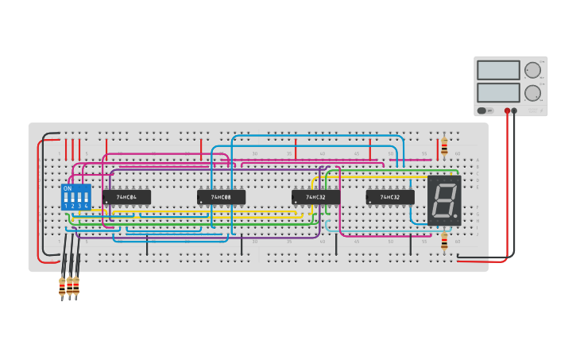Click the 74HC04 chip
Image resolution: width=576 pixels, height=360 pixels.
point(126,196)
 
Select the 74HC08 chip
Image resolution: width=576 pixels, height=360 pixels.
point(221,196)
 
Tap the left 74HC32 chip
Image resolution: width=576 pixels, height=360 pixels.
point(315,196)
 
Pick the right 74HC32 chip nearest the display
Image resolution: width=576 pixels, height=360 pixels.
point(389,196)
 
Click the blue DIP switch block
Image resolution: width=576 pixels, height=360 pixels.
point(76,197)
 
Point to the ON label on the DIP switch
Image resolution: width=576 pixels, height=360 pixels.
point(68,188)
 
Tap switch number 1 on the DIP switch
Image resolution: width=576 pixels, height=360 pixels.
point(66,196)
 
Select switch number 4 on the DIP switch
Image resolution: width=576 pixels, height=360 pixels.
point(86,196)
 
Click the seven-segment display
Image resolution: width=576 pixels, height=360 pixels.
point(444,199)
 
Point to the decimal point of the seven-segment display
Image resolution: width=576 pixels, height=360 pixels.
point(455,215)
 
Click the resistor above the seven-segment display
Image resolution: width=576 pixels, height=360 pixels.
point(444,146)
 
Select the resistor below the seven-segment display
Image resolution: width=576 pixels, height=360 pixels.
point(444,241)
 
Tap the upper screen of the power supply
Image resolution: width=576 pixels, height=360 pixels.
point(498,70)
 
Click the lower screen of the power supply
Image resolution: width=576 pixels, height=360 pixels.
point(498,92)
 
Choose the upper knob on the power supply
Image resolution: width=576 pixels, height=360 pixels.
point(532,70)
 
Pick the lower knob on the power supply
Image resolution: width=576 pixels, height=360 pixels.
point(532,92)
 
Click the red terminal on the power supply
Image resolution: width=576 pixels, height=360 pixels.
point(507,110)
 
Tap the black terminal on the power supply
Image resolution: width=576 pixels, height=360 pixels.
point(514,110)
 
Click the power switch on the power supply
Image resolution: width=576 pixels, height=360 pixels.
point(481,110)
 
